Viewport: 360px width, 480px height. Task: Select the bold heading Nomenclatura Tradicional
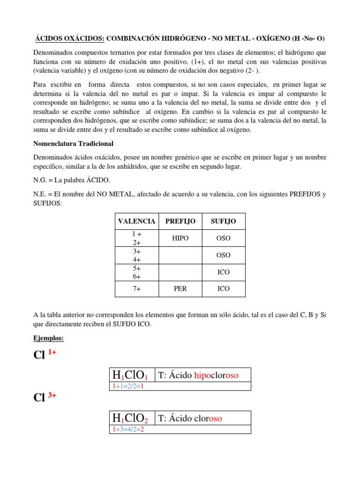[x=74, y=143]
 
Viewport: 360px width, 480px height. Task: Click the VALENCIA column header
[x=137, y=221]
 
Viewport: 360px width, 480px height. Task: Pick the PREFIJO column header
[x=180, y=221]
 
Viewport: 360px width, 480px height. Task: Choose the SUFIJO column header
[x=223, y=221]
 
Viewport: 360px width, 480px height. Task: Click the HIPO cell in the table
[x=180, y=238]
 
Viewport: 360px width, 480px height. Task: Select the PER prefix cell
[x=180, y=289]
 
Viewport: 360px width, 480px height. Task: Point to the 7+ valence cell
[x=137, y=289]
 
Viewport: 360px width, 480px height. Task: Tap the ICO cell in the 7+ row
[x=223, y=289]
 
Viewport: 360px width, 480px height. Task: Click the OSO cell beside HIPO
[x=223, y=238]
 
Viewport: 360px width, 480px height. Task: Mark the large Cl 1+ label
[x=45, y=355]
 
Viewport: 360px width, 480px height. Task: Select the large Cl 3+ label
[x=45, y=397]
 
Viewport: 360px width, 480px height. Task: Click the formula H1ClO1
[x=130, y=375]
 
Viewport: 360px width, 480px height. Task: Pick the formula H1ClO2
[x=130, y=418]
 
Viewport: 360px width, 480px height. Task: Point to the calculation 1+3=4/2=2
[x=127, y=429]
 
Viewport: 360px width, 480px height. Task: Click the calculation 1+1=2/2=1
[x=127, y=386]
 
